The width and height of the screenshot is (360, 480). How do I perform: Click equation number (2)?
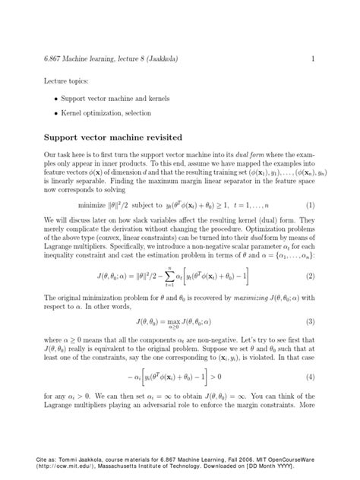311,275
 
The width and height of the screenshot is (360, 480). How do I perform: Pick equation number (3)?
311,323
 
